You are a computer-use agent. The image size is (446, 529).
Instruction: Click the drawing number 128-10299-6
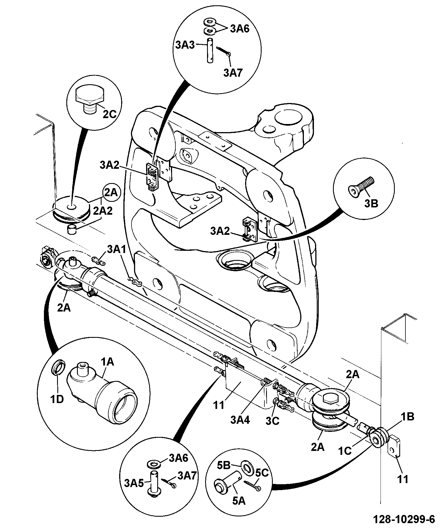(x=404, y=520)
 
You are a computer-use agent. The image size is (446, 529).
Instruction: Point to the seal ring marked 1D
(x=58, y=367)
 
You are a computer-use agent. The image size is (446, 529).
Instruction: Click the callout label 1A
(x=107, y=362)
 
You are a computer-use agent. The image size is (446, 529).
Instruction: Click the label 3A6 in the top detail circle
(x=240, y=29)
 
